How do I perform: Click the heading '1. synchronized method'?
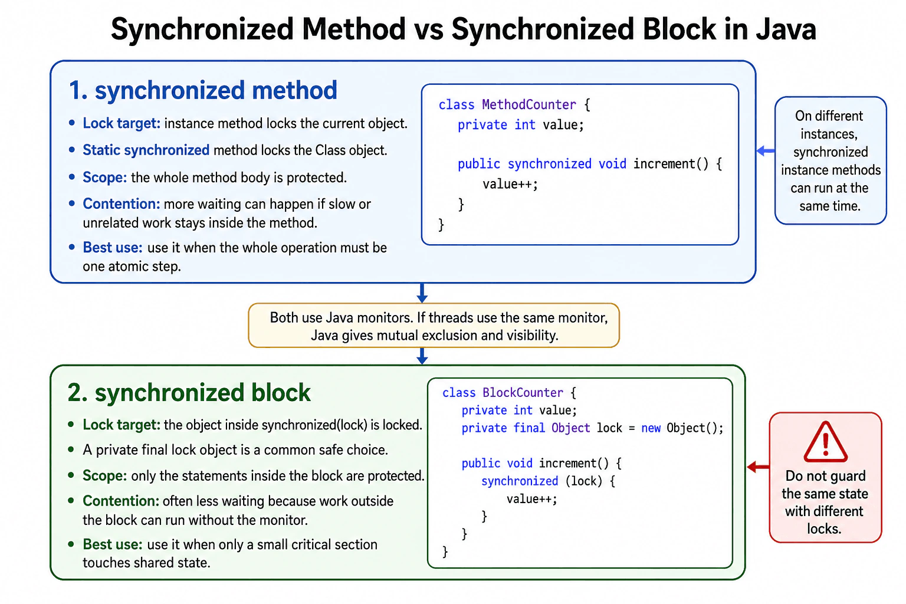203,90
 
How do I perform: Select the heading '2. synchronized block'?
189,392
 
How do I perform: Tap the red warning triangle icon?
825,442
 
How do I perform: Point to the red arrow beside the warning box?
758,467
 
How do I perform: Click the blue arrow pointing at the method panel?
766,151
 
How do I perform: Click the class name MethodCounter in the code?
528,105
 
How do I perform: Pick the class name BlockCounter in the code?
523,392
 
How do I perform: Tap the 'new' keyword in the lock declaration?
651,428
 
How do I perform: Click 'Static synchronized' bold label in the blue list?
146,150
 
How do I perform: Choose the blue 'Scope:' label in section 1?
105,177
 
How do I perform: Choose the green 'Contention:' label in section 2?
121,501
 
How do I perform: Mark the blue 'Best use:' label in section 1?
113,248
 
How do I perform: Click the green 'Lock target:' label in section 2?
122,425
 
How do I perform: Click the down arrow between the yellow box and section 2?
422,356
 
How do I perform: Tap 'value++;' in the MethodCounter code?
510,184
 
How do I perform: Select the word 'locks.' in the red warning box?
824,528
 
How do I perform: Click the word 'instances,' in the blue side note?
829,134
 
